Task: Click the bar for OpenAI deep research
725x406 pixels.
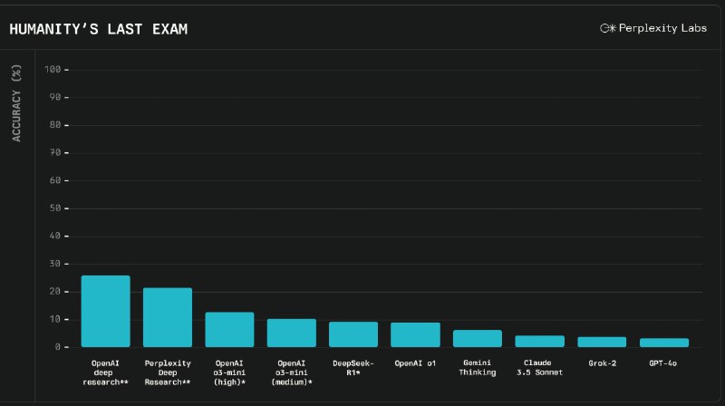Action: [105, 311]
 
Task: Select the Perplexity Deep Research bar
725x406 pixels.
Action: [168, 317]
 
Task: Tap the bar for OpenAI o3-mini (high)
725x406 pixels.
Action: [229, 329]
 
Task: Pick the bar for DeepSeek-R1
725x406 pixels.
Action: [353, 333]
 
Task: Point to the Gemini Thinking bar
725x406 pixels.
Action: [478, 338]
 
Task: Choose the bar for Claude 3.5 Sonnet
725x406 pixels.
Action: [539, 341]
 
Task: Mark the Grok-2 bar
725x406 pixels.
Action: [602, 342]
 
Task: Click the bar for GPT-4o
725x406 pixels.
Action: [663, 342]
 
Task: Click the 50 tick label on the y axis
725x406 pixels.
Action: [56, 208]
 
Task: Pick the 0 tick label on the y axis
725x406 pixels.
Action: [59, 347]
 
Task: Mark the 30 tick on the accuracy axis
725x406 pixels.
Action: [56, 264]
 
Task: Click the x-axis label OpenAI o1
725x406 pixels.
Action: [415, 362]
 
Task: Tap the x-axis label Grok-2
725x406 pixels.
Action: [602, 362]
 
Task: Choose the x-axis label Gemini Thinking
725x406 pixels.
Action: [478, 367]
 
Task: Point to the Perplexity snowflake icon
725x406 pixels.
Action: [607, 28]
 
